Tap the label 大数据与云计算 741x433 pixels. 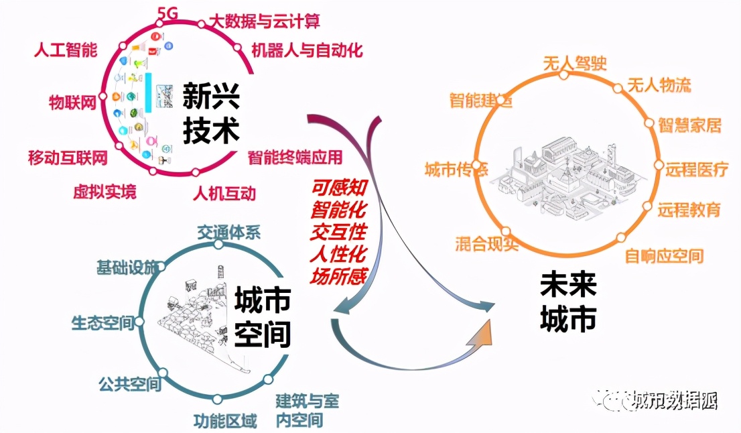click(x=266, y=21)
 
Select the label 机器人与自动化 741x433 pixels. click(x=307, y=50)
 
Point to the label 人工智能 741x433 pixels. click(x=66, y=50)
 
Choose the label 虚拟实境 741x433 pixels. click(x=105, y=192)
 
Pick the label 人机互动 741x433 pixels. click(x=224, y=194)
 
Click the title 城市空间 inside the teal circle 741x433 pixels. click(x=262, y=316)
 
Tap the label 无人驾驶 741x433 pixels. click(x=574, y=63)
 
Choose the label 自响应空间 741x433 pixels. click(x=664, y=255)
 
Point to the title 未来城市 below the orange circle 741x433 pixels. click(x=568, y=304)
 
